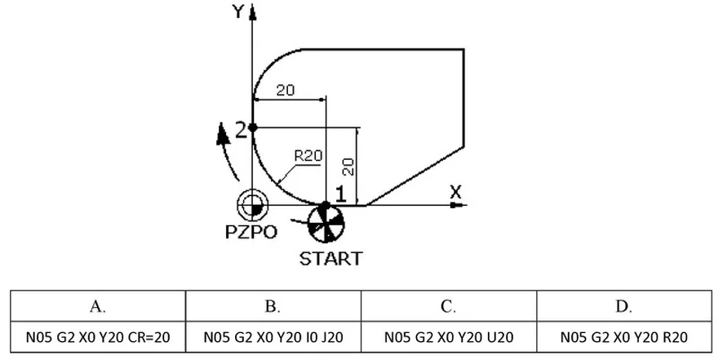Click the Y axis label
click(x=238, y=11)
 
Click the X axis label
click(x=455, y=192)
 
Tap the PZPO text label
click(x=251, y=232)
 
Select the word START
click(x=331, y=259)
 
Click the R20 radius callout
click(x=308, y=156)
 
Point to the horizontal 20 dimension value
click(x=286, y=90)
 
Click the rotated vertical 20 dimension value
click(x=349, y=167)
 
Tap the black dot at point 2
click(x=253, y=127)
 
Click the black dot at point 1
click(x=326, y=205)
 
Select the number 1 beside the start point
click(x=340, y=195)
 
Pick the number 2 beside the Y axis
click(x=242, y=131)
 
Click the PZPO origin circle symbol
click(x=252, y=205)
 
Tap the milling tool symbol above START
click(x=326, y=224)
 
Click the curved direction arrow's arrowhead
click(x=223, y=135)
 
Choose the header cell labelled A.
click(x=98, y=306)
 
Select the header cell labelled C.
click(x=449, y=306)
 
